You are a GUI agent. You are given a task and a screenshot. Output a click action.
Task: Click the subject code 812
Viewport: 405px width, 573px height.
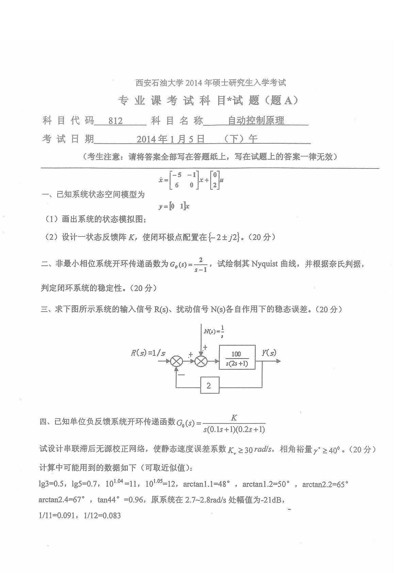(x=115, y=121)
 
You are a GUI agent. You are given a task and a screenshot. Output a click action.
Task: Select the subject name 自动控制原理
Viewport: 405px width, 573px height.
(x=256, y=121)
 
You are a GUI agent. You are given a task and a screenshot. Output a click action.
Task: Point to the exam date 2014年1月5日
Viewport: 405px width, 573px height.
(x=171, y=139)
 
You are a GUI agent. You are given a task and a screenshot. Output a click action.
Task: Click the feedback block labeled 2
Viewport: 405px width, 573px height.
(x=209, y=385)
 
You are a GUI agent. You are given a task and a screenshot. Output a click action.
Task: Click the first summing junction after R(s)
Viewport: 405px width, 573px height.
(x=176, y=361)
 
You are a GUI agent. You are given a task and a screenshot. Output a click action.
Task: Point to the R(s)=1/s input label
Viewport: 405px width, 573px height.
(x=148, y=353)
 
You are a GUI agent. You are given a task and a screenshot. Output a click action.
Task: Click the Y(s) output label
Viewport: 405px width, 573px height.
(x=269, y=353)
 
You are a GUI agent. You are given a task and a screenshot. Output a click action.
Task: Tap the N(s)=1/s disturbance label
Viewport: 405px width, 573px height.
(x=214, y=331)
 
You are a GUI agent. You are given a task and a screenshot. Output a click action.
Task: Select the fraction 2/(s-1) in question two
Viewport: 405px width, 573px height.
(x=201, y=265)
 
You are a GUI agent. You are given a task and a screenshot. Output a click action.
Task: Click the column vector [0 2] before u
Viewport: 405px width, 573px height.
(x=214, y=180)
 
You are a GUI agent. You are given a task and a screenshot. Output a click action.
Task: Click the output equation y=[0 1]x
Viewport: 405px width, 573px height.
(x=174, y=206)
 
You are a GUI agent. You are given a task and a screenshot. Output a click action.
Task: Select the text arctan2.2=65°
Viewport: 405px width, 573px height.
(x=325, y=484)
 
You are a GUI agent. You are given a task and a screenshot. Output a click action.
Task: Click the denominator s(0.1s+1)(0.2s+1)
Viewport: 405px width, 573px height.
(x=234, y=429)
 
